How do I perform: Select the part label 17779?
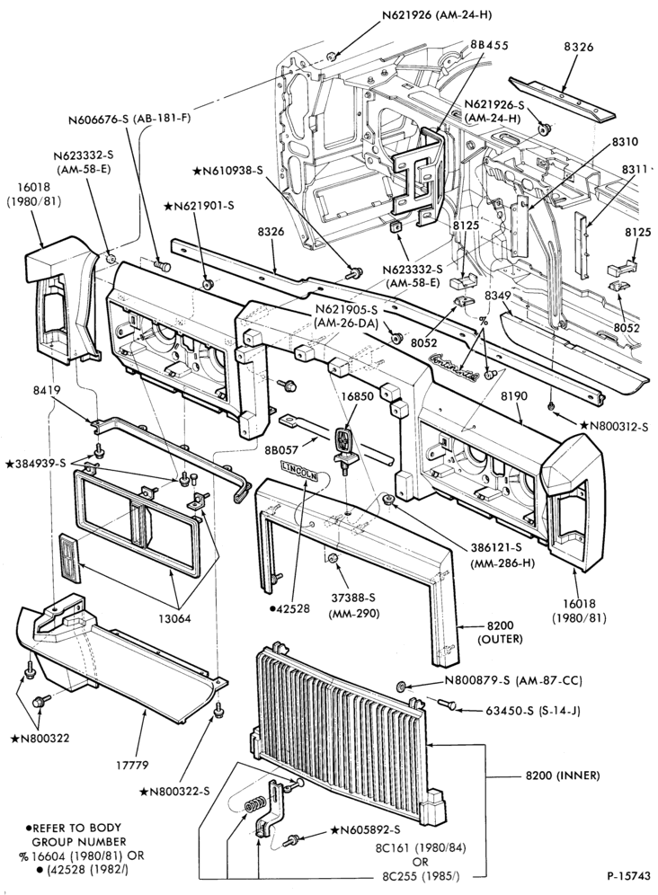(140, 765)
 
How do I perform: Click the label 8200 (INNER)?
(562, 775)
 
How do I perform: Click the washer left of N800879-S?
(402, 685)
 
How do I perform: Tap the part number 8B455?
(490, 45)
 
